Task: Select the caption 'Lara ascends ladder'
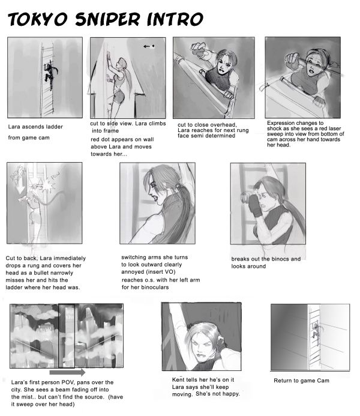35,127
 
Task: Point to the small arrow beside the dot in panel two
146,46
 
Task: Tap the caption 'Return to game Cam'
301,381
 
